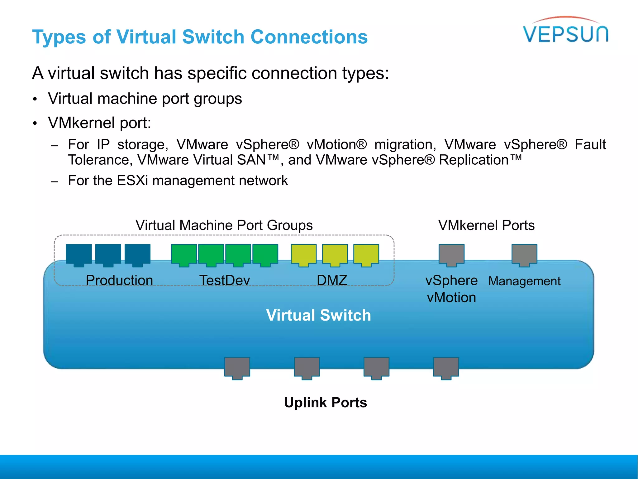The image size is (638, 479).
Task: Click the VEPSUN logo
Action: (565, 31)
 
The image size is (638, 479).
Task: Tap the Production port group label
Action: (119, 280)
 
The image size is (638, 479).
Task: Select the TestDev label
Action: (225, 280)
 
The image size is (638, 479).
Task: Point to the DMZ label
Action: (332, 280)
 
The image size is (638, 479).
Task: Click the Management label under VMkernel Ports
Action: (524, 281)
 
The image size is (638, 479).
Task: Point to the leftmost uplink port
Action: (237, 368)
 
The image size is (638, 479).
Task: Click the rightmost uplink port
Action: (446, 368)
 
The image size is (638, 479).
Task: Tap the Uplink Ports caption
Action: (326, 402)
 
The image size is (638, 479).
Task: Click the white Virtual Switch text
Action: (318, 315)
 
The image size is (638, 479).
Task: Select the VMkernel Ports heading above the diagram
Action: (486, 225)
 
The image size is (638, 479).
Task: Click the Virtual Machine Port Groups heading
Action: (224, 225)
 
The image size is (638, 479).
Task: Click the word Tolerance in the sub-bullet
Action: (98, 160)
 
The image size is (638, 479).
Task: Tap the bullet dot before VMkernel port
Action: (35, 123)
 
